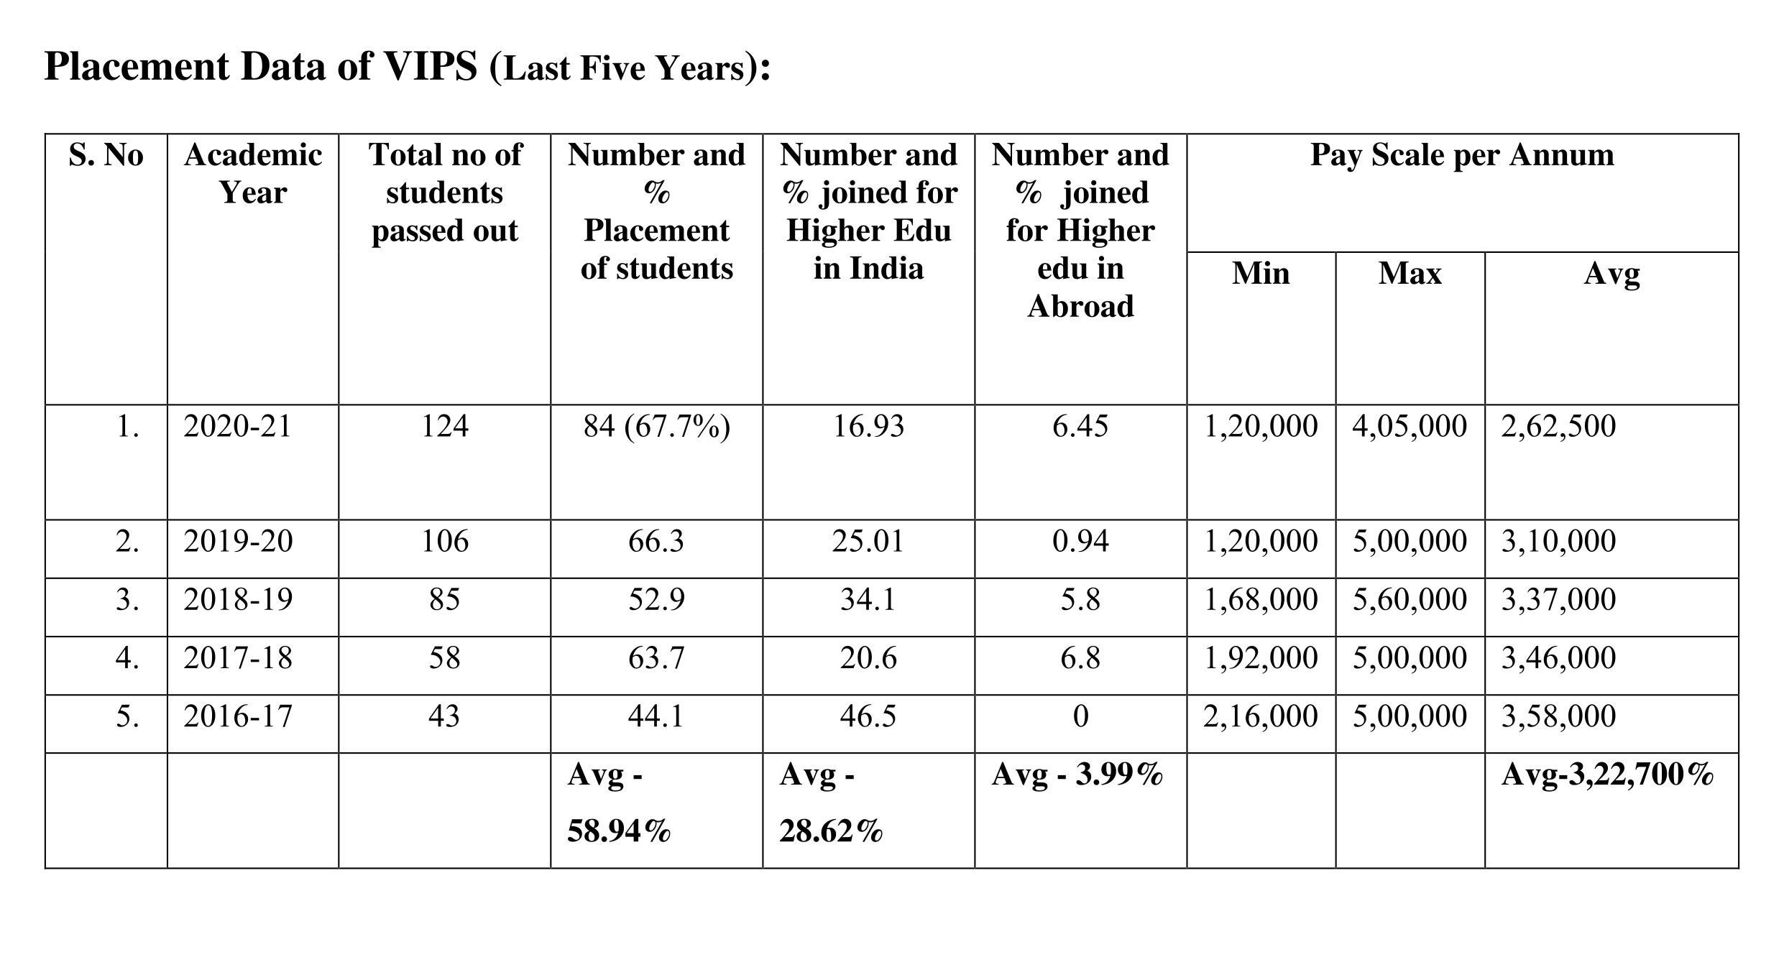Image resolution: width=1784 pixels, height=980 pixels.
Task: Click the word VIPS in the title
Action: pyautogui.click(x=431, y=67)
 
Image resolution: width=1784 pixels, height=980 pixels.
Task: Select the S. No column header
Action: pyautogui.click(x=106, y=155)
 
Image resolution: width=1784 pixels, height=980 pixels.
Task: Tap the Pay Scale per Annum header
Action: pyautogui.click(x=1462, y=155)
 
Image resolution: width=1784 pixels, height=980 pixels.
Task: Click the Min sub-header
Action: pyautogui.click(x=1261, y=274)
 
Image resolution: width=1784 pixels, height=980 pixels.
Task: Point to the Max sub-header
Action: pyautogui.click(x=1410, y=274)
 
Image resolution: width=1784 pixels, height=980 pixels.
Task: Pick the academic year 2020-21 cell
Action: pyautogui.click(x=238, y=426)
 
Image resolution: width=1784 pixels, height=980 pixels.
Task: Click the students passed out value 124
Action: pyautogui.click(x=445, y=426)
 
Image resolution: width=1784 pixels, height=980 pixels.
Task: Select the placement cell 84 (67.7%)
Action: pyautogui.click(x=656, y=426)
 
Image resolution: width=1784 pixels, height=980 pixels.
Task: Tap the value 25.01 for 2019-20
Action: pyautogui.click(x=868, y=541)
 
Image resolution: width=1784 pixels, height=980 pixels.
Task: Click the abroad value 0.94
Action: pyautogui.click(x=1080, y=541)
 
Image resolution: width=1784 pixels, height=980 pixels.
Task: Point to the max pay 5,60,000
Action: pyautogui.click(x=1410, y=599)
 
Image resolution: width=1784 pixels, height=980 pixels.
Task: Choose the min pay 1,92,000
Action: pyautogui.click(x=1261, y=658)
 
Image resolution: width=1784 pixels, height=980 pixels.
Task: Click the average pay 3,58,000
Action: pyautogui.click(x=1558, y=716)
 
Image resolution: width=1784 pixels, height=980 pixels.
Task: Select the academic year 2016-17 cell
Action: pyautogui.click(x=238, y=716)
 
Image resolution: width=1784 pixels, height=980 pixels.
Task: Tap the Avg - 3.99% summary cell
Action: pyautogui.click(x=1077, y=775)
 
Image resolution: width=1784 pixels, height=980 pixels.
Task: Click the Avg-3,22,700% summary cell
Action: pyautogui.click(x=1607, y=775)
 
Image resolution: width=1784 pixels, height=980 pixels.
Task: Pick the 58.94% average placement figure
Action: pyautogui.click(x=619, y=831)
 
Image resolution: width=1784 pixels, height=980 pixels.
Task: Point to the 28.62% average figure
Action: pyautogui.click(x=831, y=831)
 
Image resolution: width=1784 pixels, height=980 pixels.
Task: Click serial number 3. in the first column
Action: pyautogui.click(x=127, y=599)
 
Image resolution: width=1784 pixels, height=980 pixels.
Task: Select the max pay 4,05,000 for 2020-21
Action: pyautogui.click(x=1410, y=426)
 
